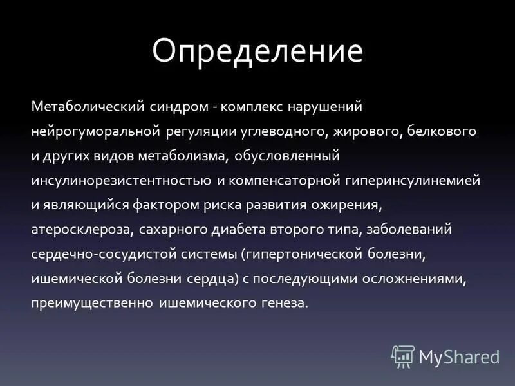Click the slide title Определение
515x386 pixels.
[x=257, y=51]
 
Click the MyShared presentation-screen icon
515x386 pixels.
[x=403, y=356]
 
